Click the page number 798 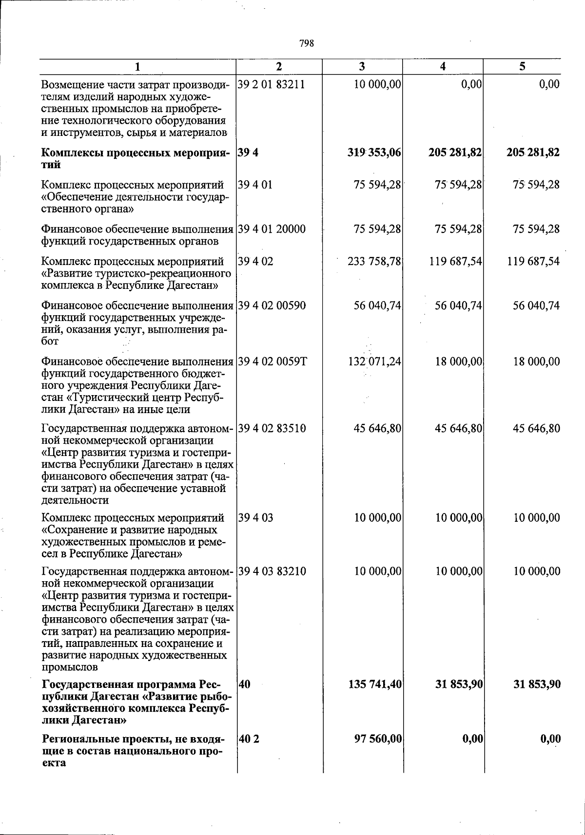pos(306,43)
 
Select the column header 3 pos(362,67)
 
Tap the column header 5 pos(522,67)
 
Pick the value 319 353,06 pos(374,152)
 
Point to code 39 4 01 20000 pos(272,229)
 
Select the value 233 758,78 pos(374,261)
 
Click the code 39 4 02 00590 pos(272,305)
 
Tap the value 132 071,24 pos(374,361)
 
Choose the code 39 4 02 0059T pos(273,361)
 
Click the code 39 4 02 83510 pos(272,429)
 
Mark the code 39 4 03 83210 pos(272,571)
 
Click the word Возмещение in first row pos(70,85)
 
